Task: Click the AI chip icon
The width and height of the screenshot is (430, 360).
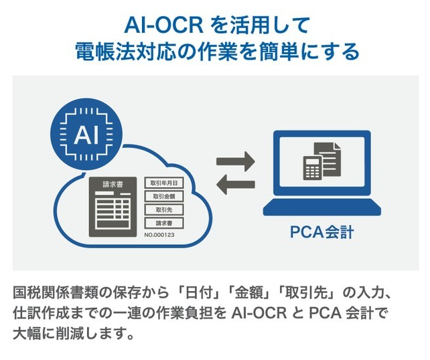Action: (x=86, y=134)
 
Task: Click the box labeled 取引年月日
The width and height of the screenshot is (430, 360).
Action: (x=164, y=183)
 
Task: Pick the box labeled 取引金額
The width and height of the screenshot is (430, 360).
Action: (x=164, y=196)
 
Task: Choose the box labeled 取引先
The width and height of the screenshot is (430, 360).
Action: (x=164, y=209)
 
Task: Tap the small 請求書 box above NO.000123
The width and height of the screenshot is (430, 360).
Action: (x=164, y=223)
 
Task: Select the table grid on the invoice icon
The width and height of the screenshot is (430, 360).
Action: (x=113, y=211)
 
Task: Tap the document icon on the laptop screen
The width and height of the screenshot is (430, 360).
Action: (x=329, y=159)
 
